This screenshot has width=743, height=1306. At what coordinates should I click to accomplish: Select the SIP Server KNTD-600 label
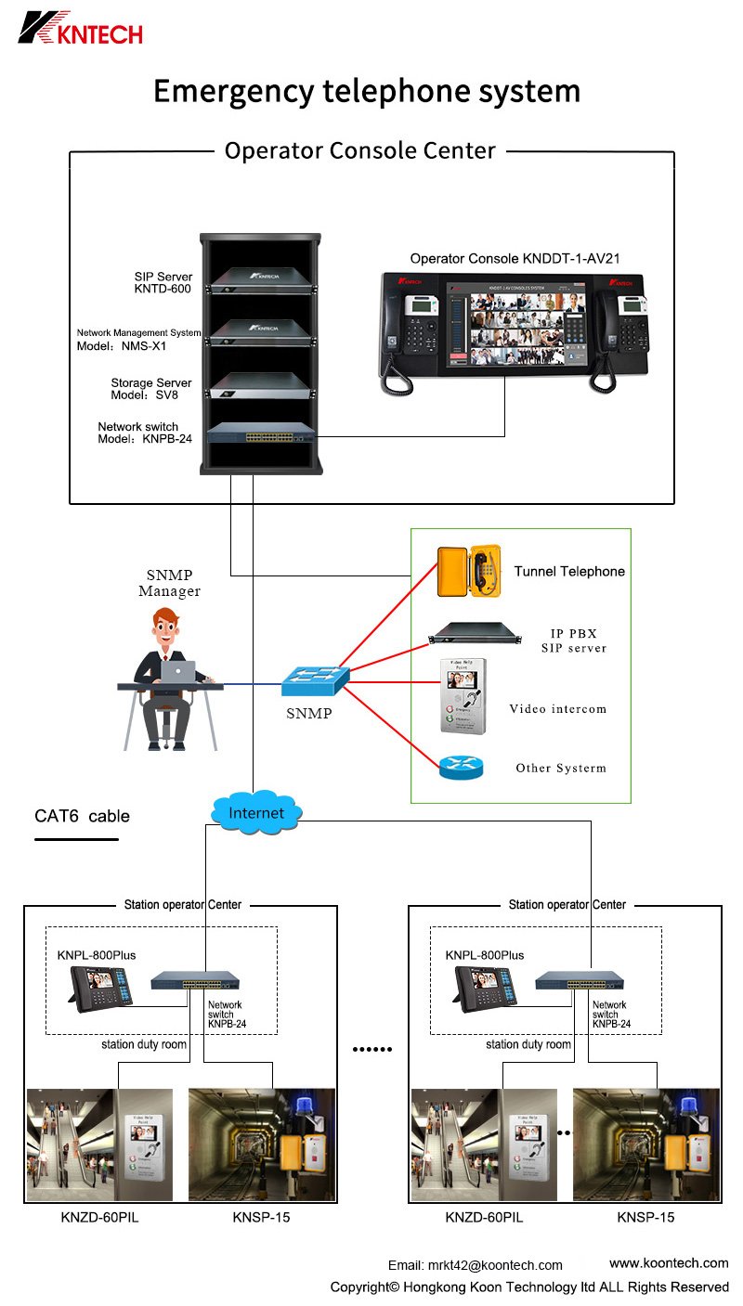[x=163, y=283]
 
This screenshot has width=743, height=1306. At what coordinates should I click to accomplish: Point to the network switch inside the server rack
[x=261, y=432]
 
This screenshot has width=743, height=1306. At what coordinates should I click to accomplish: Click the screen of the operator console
[x=516, y=332]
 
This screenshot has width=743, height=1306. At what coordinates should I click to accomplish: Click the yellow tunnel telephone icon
[x=469, y=570]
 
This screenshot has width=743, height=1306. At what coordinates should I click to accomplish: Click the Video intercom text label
[x=557, y=709]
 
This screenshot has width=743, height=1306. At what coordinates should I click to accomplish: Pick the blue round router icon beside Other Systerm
[x=462, y=768]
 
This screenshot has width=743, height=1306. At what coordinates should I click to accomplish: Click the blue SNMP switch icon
[x=316, y=680]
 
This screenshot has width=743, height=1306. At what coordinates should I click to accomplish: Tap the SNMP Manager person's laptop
[x=178, y=671]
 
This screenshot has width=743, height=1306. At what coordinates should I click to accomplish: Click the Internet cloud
[x=255, y=813]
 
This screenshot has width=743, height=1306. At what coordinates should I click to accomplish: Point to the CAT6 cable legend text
[x=82, y=817]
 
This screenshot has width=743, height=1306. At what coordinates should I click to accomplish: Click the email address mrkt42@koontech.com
[x=494, y=1265]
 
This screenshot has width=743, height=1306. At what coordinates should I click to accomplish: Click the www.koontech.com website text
[x=669, y=1263]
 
